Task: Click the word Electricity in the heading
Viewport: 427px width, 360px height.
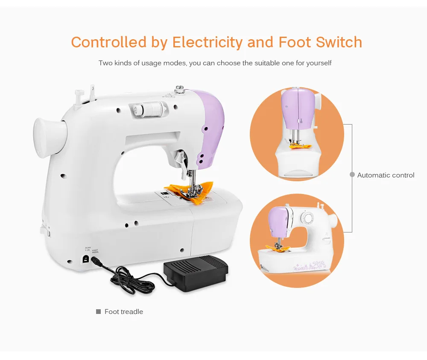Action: (x=207, y=42)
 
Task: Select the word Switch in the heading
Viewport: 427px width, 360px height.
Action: (x=339, y=42)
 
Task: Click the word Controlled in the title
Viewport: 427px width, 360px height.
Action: (x=108, y=42)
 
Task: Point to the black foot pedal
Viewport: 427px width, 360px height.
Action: (x=196, y=273)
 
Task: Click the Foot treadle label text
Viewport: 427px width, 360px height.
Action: (x=124, y=312)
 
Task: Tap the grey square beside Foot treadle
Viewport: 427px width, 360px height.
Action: (x=98, y=312)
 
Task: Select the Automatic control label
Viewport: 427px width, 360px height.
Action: (x=386, y=175)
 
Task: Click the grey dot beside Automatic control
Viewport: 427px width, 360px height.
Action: (x=352, y=175)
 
